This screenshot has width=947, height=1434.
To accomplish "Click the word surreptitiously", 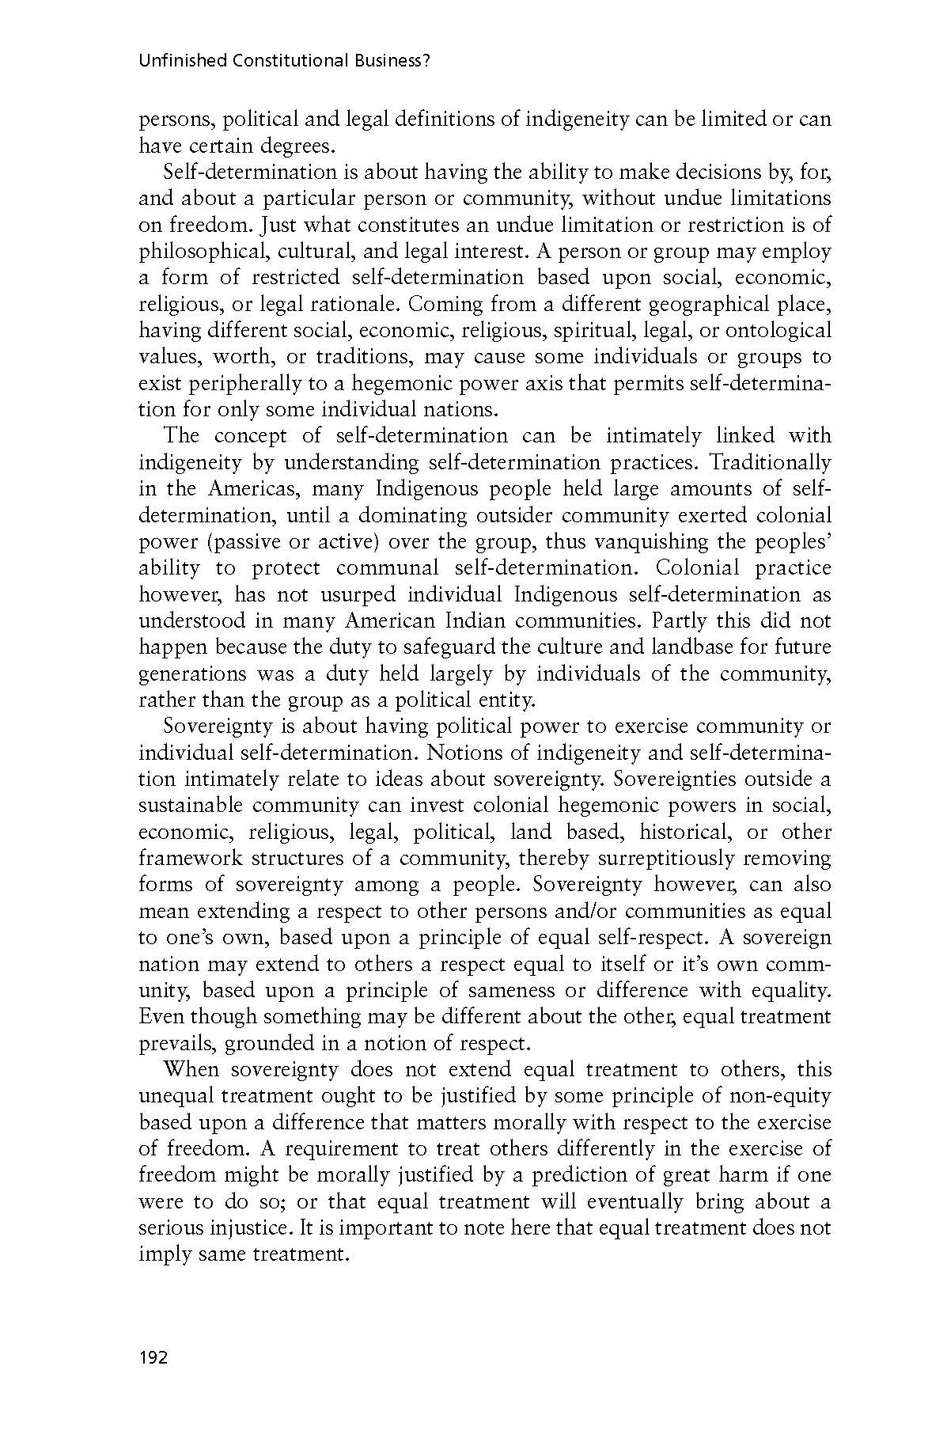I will (671, 859).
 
